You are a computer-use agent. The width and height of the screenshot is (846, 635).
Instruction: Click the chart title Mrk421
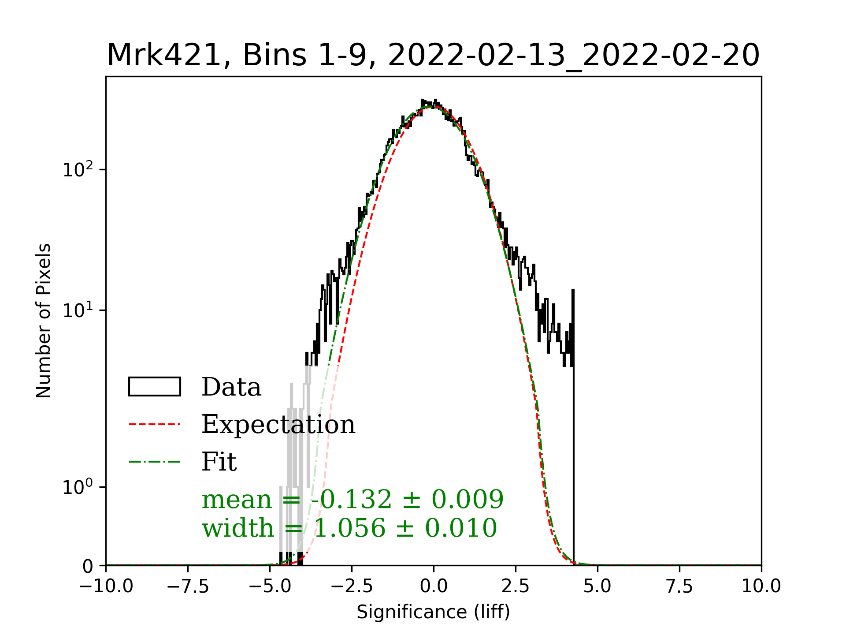(433, 56)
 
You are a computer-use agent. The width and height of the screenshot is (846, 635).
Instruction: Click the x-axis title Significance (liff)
(433, 612)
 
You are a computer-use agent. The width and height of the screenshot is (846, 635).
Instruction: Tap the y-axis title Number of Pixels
(44, 321)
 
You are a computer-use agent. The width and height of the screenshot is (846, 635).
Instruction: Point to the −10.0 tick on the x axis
(106, 586)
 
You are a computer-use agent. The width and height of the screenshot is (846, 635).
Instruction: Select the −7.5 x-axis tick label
(188, 586)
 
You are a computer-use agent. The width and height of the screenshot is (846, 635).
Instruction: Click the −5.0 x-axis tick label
(270, 586)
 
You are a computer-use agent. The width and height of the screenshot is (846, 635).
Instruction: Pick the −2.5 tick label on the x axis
(352, 586)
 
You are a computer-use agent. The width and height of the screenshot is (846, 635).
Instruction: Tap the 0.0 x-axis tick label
(434, 586)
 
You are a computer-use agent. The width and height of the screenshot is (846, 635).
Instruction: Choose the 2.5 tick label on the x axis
(516, 586)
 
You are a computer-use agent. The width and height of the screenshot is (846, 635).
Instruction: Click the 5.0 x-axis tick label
(597, 586)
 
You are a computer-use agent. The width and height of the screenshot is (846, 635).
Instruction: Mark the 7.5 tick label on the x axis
(679, 586)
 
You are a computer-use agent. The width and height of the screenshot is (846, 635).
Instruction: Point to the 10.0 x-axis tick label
(761, 586)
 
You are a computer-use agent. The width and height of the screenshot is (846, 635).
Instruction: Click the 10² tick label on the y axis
(78, 170)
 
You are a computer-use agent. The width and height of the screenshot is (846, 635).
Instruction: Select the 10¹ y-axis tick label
(78, 310)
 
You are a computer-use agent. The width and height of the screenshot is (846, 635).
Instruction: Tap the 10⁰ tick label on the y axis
(78, 487)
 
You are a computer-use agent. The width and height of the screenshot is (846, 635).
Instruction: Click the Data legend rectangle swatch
(155, 387)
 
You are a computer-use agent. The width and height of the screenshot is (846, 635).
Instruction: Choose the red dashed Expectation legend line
(155, 424)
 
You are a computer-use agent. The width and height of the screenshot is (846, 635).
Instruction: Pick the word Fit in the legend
(219, 462)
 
